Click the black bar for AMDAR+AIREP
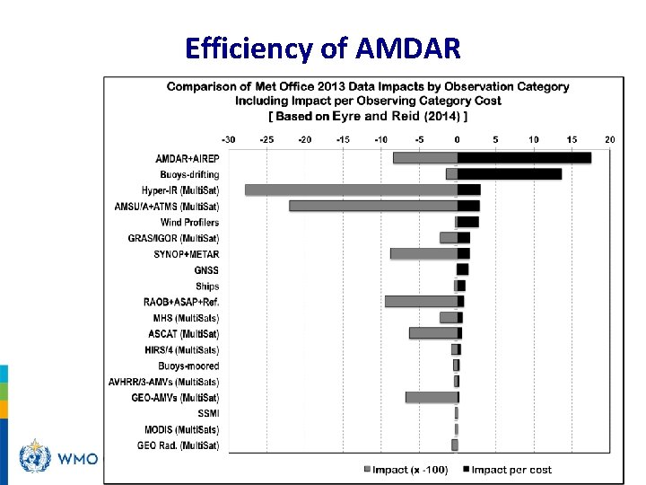pyautogui.click(x=524, y=158)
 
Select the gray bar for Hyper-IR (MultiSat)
pyautogui.click(x=351, y=190)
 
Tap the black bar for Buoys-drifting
pyautogui.click(x=509, y=174)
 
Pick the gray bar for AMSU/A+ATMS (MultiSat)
pyautogui.click(x=372, y=206)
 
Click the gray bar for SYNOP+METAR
pyautogui.click(x=423, y=254)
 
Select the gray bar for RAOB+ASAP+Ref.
pyautogui.click(x=421, y=302)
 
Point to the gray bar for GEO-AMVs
pyautogui.click(x=431, y=397)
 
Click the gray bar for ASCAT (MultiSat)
pyautogui.click(x=432, y=333)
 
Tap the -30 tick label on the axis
pyautogui.click(x=228, y=139)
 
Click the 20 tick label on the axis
pyautogui.click(x=610, y=139)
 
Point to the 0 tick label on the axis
pyautogui.click(x=457, y=139)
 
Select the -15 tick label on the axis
pyautogui.click(x=343, y=139)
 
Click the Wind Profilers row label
pyautogui.click(x=189, y=222)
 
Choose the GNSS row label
pyautogui.click(x=206, y=269)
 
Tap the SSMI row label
pyautogui.click(x=208, y=413)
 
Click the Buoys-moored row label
pyautogui.click(x=188, y=366)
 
